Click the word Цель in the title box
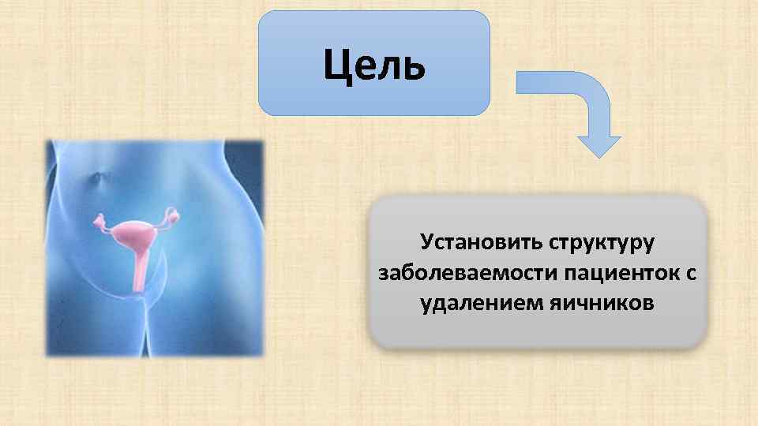373,65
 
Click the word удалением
476,304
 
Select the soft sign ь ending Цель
413,65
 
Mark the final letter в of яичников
647,304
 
